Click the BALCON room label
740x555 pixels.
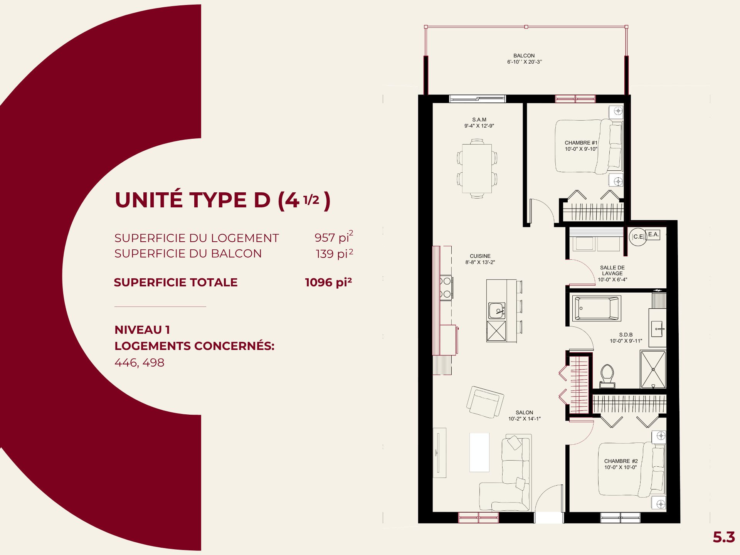pyautogui.click(x=524, y=56)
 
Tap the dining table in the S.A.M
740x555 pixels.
pyautogui.click(x=477, y=168)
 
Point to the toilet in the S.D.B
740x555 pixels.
pyautogui.click(x=607, y=376)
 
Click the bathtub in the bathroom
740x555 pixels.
pyautogui.click(x=596, y=308)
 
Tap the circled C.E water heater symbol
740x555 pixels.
pyautogui.click(x=638, y=237)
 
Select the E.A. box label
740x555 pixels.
pyautogui.click(x=653, y=234)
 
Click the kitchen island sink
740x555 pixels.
pyautogui.click(x=497, y=311)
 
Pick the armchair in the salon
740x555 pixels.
pyautogui.click(x=485, y=402)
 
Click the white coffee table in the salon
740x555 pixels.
pyautogui.click(x=479, y=452)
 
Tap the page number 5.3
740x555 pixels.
pyautogui.click(x=724, y=537)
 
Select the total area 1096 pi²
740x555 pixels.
pyautogui.click(x=328, y=282)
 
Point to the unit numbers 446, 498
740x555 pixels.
pyautogui.click(x=140, y=363)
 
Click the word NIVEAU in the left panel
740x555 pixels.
pyautogui.click(x=138, y=330)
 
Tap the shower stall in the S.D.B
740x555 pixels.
pyautogui.click(x=653, y=369)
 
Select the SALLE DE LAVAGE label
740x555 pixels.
pyautogui.click(x=612, y=271)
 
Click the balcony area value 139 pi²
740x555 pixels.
pyautogui.click(x=335, y=253)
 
